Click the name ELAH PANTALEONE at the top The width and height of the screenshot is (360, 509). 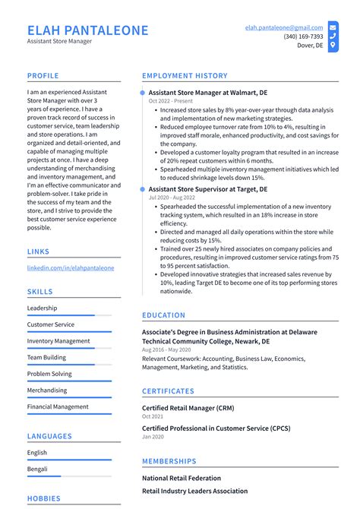[87, 30]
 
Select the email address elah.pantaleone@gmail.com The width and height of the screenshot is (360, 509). [283, 27]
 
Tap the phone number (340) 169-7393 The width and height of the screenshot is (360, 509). [303, 36]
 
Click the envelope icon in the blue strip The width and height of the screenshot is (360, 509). [333, 27]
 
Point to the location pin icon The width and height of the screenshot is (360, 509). [333, 46]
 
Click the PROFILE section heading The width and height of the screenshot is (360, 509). [43, 76]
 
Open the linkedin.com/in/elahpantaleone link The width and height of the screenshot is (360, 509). [71, 268]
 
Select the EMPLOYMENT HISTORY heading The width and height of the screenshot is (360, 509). [185, 76]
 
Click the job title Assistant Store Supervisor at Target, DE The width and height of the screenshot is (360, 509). [207, 188]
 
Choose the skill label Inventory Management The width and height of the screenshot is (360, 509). [58, 341]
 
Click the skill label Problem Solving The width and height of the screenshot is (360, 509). [49, 374]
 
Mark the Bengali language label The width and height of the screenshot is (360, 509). [38, 469]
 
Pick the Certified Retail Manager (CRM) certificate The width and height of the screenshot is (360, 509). [188, 408]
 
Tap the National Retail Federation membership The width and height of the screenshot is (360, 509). [182, 478]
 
